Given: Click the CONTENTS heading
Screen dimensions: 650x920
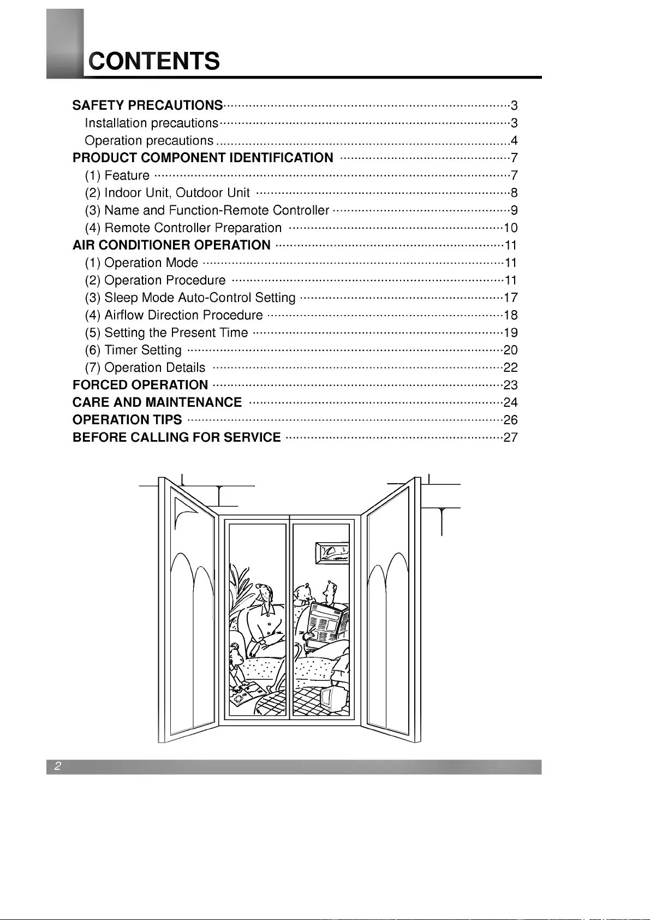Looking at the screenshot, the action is [x=154, y=61].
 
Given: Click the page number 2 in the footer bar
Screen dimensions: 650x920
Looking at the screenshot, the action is [x=57, y=765].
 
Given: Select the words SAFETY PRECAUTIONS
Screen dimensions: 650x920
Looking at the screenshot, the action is [x=148, y=105].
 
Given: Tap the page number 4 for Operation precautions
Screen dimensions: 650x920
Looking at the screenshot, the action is [x=514, y=140].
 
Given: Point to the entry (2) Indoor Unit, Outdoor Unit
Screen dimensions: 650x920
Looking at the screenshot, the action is [x=168, y=193].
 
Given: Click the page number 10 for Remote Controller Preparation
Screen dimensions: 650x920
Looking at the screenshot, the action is [x=511, y=228].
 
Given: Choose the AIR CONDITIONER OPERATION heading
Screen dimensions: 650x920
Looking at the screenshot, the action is [x=171, y=245].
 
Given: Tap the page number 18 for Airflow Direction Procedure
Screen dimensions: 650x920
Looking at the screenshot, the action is [x=511, y=315].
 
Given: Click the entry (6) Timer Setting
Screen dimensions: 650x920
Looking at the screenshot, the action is [x=133, y=350].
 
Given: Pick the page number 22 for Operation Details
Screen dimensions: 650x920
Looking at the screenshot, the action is [x=511, y=367].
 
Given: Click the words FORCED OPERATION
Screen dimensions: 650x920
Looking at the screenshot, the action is [x=140, y=385].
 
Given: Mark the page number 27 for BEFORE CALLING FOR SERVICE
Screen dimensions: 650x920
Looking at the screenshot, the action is [x=511, y=437].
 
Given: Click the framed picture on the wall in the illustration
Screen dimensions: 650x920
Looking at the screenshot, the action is [x=332, y=553].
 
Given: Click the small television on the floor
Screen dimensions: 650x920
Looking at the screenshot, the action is [x=333, y=698].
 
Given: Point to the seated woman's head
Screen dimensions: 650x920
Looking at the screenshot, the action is [x=264, y=593].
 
